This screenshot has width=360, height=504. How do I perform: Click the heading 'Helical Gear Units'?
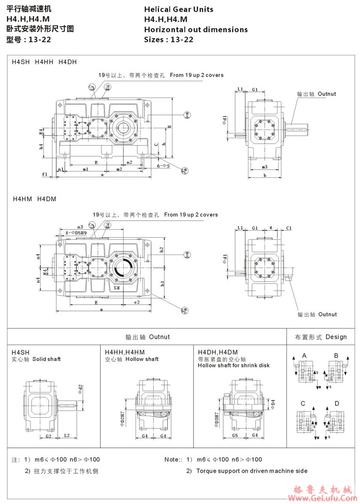tap(178, 9)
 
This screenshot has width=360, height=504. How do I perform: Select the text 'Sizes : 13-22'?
tap(169, 40)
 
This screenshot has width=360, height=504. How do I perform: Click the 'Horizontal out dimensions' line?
tap(196, 30)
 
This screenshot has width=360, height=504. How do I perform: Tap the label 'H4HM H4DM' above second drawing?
tap(34, 199)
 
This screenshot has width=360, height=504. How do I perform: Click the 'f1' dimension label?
tap(45, 174)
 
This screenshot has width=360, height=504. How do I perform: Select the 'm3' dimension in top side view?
tap(264, 167)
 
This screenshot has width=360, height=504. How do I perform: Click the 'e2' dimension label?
tap(137, 302)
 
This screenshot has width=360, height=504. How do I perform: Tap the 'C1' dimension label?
tap(289, 228)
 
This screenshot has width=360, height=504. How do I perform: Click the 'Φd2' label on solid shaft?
tap(80, 390)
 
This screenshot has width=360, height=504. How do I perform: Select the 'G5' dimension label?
tap(235, 436)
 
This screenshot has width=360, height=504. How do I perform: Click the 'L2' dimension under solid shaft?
tap(67, 436)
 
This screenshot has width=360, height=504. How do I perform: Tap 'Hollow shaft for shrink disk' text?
tap(233, 365)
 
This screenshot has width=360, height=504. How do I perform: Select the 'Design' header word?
tap(336, 337)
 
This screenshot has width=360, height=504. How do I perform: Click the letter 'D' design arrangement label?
tap(337, 404)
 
